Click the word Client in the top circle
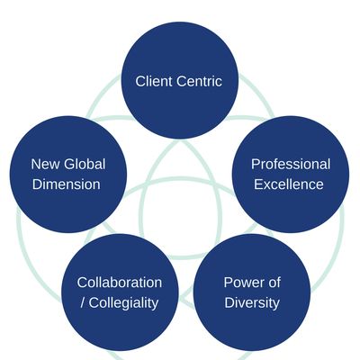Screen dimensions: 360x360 pyautogui.click(x=154, y=81)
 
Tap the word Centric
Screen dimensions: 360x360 pyautogui.click(x=199, y=81)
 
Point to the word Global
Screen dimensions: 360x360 pyautogui.click(x=85, y=165)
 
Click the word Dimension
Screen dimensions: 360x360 pyautogui.click(x=67, y=184)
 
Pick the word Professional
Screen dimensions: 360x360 pyautogui.click(x=291, y=165)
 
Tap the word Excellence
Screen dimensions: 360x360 pyautogui.click(x=289, y=184)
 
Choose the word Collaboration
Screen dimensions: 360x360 pyautogui.click(x=120, y=283)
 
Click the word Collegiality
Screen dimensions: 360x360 pyautogui.click(x=123, y=303)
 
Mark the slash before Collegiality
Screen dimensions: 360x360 pyautogui.click(x=83, y=302)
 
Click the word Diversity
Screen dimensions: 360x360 pyautogui.click(x=252, y=303)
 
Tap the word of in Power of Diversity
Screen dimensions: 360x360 pyautogui.click(x=273, y=283)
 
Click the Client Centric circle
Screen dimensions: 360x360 pyautogui.click(x=180, y=80)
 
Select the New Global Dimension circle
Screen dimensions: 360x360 pyautogui.click(x=68, y=175)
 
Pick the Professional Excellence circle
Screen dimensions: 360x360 pyautogui.click(x=291, y=175)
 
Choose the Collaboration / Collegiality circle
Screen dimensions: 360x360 pyautogui.click(x=120, y=292)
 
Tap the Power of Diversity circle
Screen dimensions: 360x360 pyautogui.click(x=252, y=292)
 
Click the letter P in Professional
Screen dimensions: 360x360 pyautogui.click(x=256, y=165)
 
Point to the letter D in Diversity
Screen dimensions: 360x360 pyautogui.click(x=229, y=302)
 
